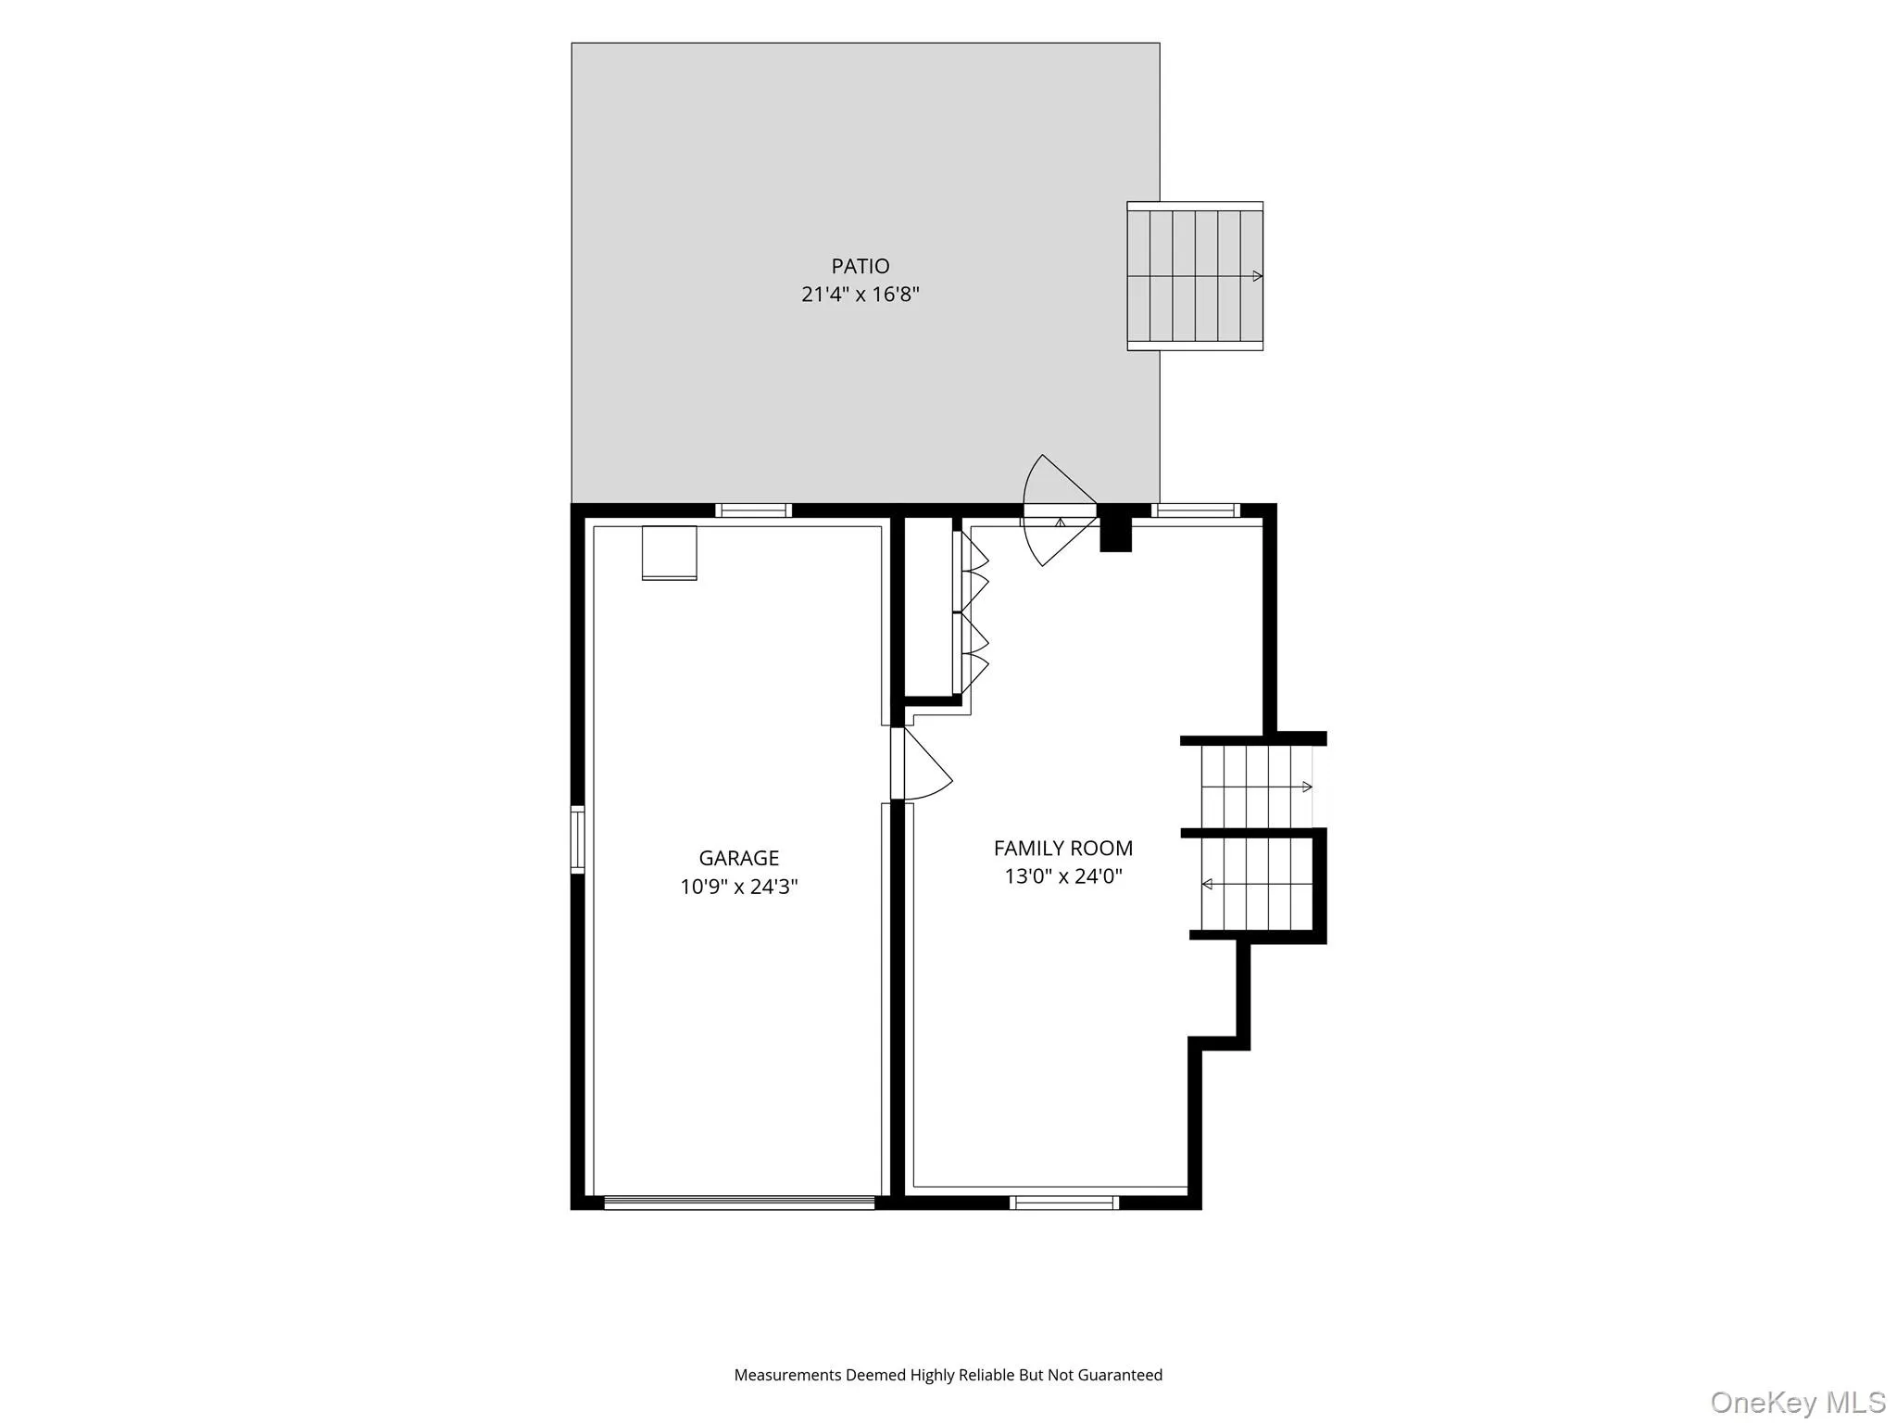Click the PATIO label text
[861, 267]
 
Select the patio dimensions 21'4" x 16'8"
[861, 295]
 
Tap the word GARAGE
[739, 858]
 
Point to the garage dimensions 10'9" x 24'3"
[739, 887]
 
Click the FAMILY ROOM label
[1063, 848]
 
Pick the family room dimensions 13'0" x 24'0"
[1063, 876]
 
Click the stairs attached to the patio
[1195, 276]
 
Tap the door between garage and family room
[921, 763]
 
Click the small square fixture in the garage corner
[670, 553]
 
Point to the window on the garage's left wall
[578, 840]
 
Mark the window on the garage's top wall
[754, 510]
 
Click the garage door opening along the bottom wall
[739, 1203]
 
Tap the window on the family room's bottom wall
[1064, 1203]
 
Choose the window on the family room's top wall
[1196, 510]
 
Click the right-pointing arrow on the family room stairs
[1257, 787]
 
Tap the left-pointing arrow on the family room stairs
[1257, 885]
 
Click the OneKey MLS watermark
[1798, 1402]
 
